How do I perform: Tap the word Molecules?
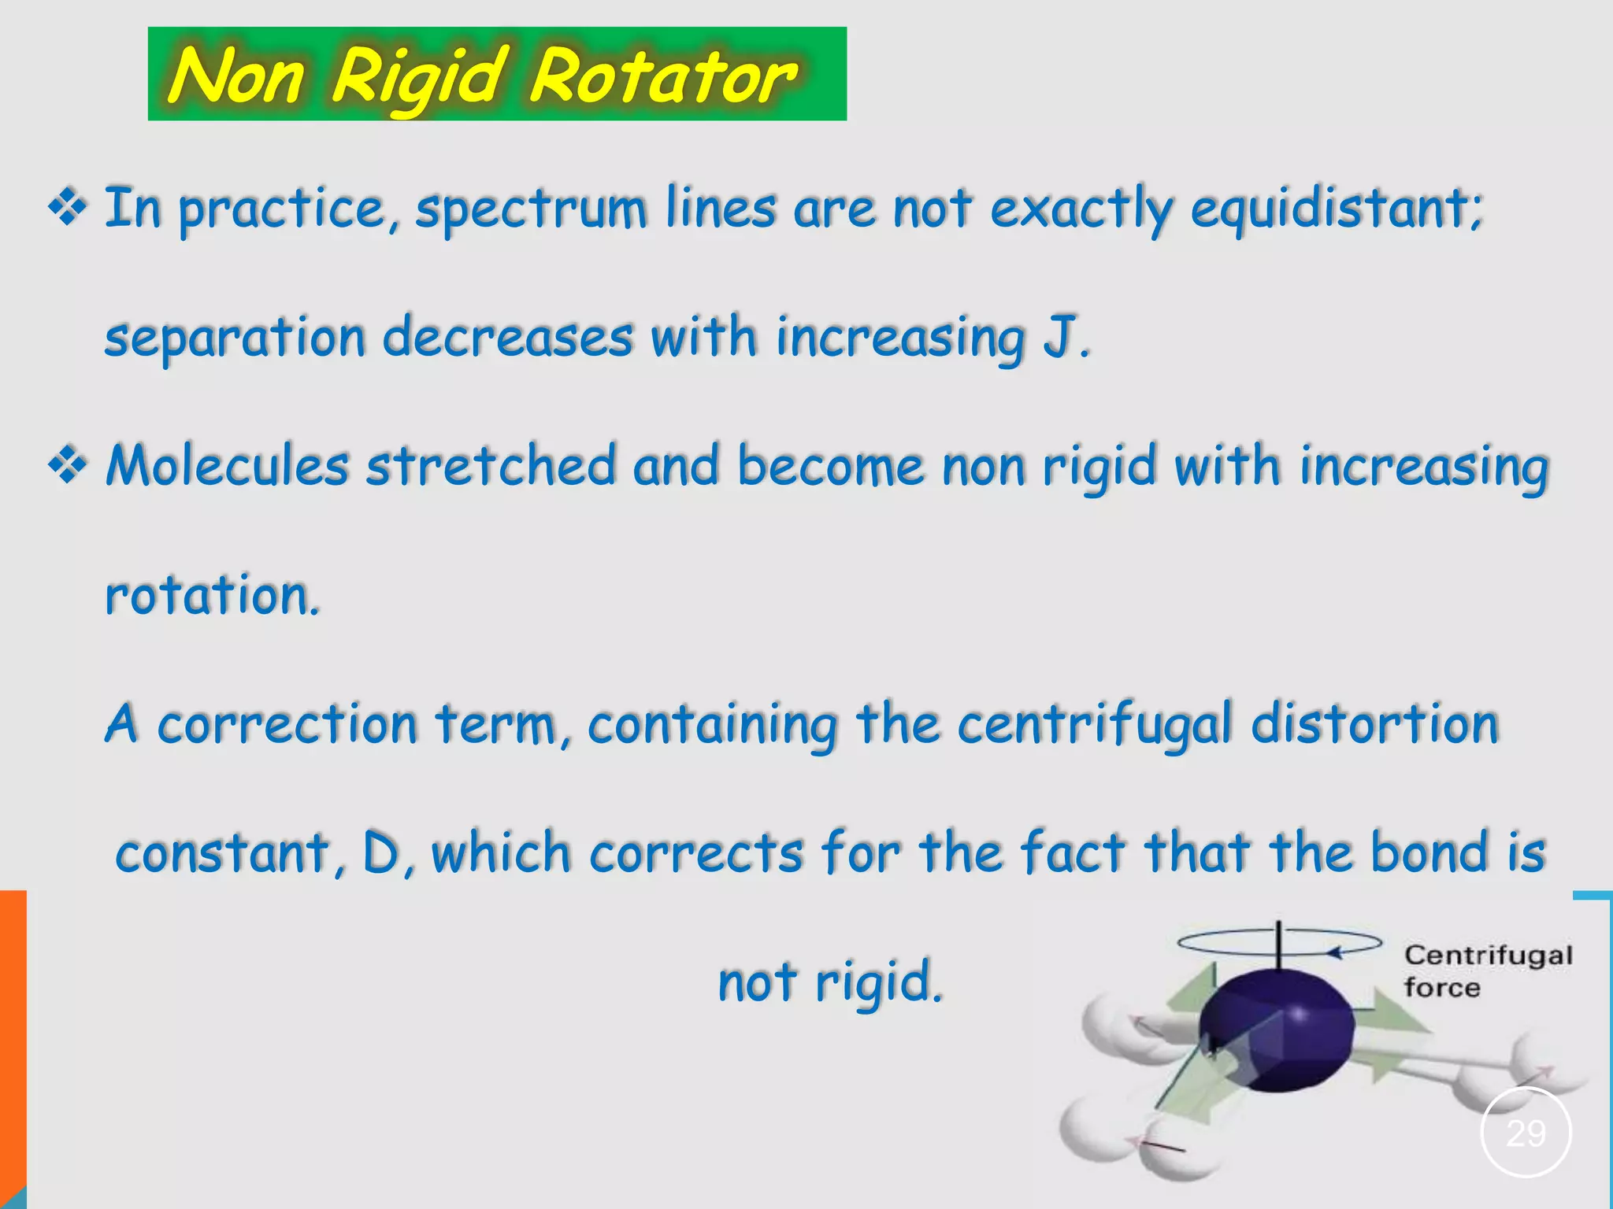[x=228, y=466]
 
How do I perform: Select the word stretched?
[x=491, y=466]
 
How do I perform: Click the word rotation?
[x=211, y=595]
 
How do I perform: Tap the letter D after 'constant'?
[x=383, y=853]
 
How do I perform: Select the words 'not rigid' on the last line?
[x=830, y=982]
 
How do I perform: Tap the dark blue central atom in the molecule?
[x=1277, y=1031]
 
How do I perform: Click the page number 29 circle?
[x=1526, y=1133]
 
